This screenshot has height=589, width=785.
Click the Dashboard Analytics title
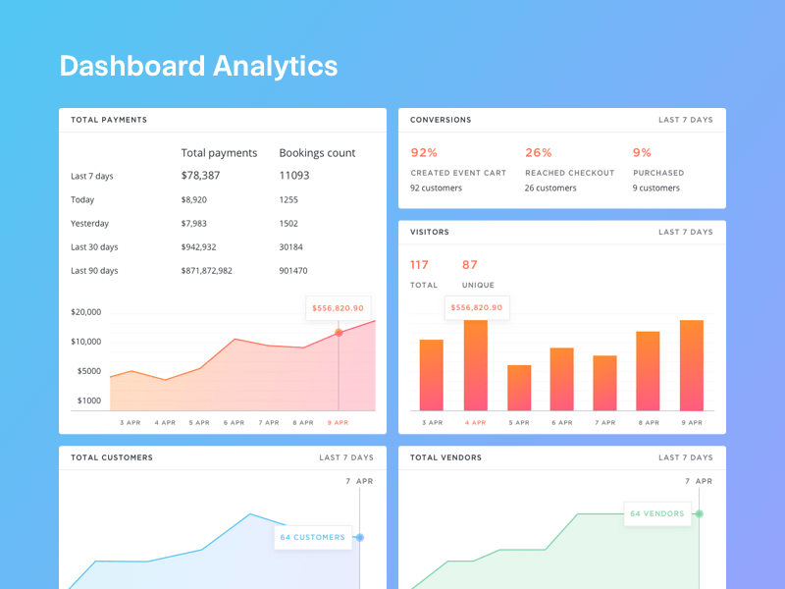point(198,66)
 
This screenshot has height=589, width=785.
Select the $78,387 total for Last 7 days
point(200,176)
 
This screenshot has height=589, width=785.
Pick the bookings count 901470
point(293,271)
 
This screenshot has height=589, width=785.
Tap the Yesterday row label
point(90,224)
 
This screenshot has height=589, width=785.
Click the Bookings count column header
point(317,153)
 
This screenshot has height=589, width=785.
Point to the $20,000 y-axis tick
point(86,312)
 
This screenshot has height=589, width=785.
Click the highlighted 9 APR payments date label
point(338,422)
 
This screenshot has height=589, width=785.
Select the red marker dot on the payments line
point(339,333)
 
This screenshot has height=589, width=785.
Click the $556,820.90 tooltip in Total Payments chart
point(338,308)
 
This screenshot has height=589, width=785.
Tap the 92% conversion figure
point(424,153)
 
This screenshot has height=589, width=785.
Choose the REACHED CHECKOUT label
point(569,173)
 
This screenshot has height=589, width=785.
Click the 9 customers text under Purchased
point(656,188)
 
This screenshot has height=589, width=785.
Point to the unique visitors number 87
point(470,265)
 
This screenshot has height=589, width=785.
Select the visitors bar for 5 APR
point(519,388)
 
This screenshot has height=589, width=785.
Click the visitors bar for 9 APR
point(692,365)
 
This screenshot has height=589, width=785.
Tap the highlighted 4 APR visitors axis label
point(476,422)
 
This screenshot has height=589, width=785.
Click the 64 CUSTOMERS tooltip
point(313,537)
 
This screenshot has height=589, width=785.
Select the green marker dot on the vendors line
point(699,513)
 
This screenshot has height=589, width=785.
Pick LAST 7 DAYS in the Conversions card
point(686,120)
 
